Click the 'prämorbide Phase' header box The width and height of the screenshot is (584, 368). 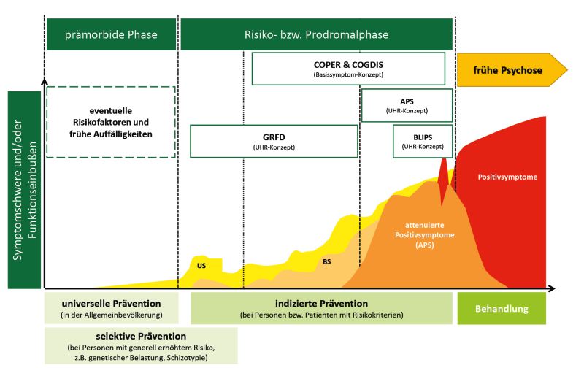[111, 34]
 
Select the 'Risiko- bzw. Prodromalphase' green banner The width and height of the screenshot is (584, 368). [316, 34]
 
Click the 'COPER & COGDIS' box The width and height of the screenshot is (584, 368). [348, 69]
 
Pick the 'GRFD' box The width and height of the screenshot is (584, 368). [274, 141]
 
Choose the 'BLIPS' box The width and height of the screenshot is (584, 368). [423, 141]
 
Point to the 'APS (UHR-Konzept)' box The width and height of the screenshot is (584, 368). [407, 105]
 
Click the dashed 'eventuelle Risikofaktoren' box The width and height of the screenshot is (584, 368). [111, 122]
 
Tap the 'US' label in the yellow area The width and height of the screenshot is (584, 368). [201, 266]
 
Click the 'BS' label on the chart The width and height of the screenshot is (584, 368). [326, 262]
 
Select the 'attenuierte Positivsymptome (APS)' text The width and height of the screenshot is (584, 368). [425, 235]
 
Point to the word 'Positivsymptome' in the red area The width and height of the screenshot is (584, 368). [507, 177]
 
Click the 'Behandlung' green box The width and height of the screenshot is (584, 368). [502, 308]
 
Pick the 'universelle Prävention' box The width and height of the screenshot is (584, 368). [112, 308]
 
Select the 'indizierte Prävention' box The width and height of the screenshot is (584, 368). [321, 308]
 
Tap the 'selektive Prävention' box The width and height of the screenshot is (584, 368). [141, 345]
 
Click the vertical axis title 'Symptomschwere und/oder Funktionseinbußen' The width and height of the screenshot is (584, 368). [24, 190]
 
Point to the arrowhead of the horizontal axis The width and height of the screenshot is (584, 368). [551, 288]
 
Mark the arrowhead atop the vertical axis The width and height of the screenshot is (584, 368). [45, 81]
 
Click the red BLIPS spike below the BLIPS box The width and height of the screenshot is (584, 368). [442, 179]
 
